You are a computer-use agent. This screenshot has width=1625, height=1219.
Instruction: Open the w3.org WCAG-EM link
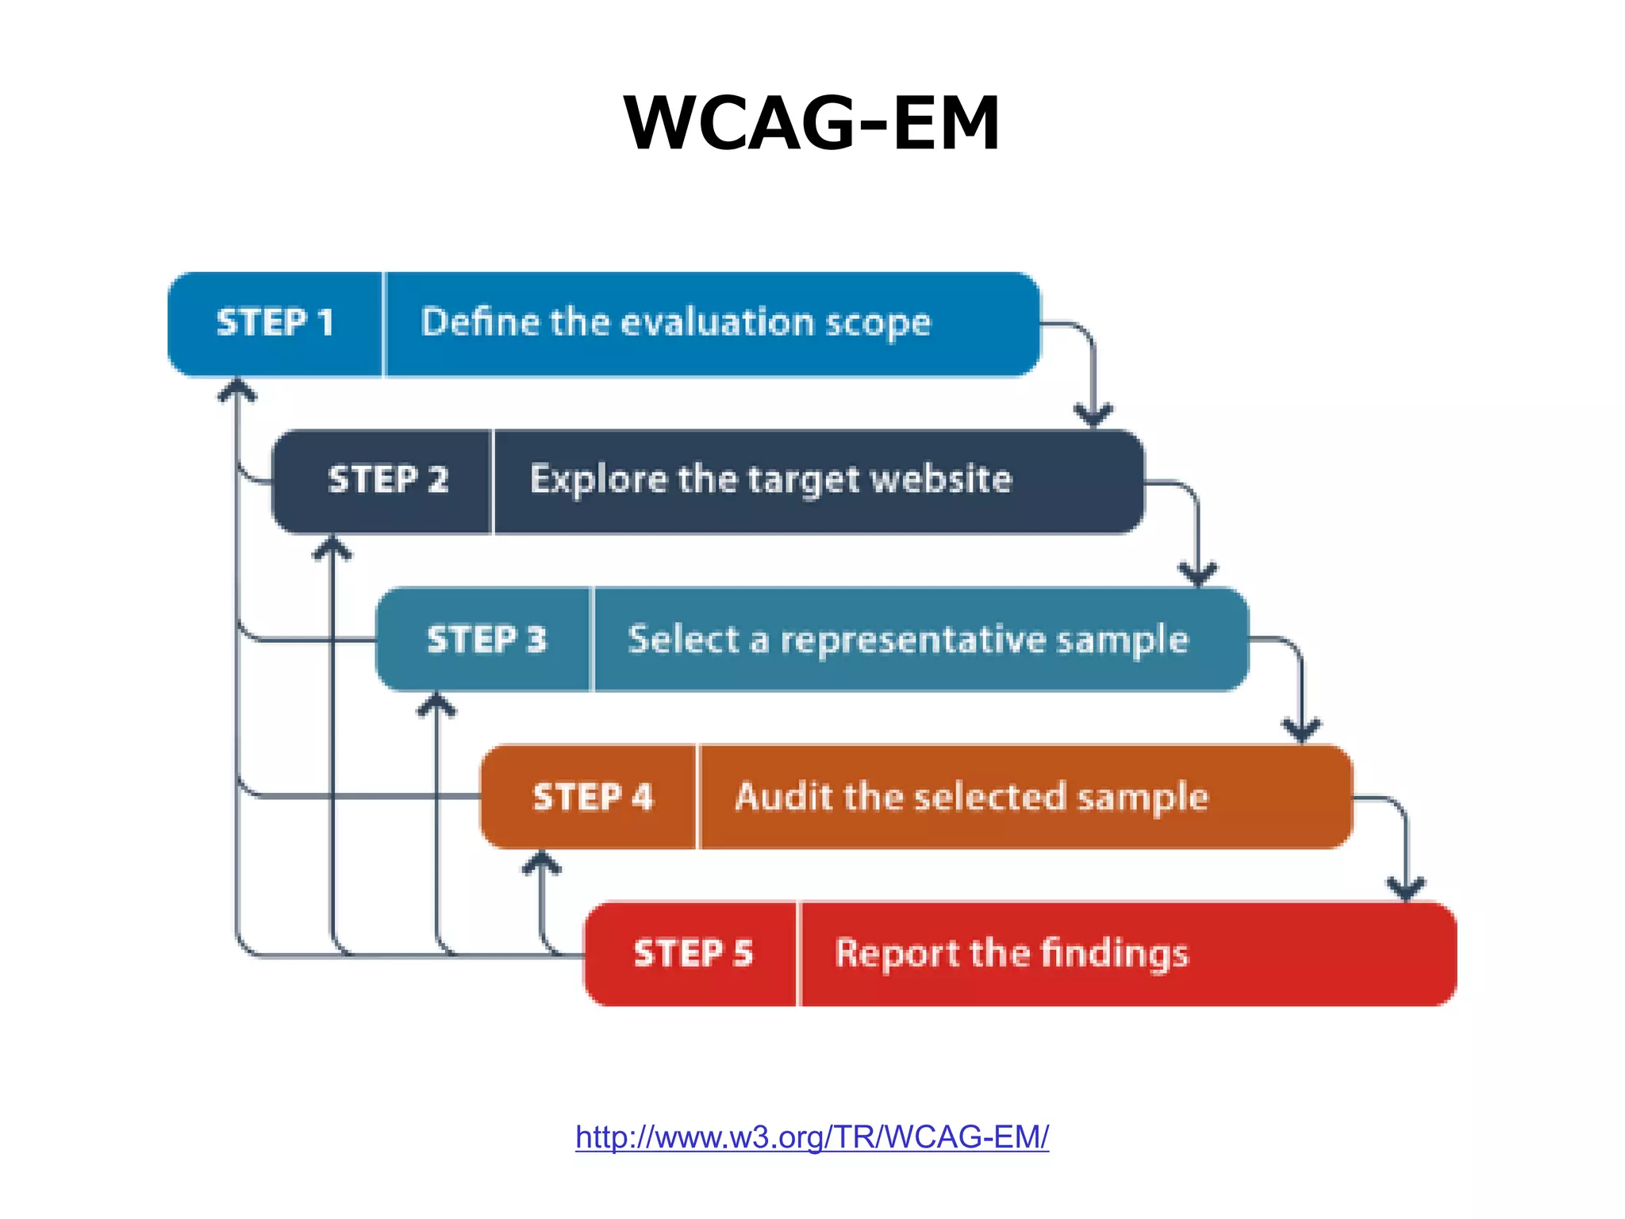[x=812, y=1137]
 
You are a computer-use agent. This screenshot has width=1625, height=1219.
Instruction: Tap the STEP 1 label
[x=275, y=323]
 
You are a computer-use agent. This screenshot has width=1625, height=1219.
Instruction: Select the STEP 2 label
[x=388, y=480]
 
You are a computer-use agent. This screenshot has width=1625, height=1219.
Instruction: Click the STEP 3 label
[x=486, y=640]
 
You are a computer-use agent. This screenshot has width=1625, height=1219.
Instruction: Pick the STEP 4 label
[x=593, y=797]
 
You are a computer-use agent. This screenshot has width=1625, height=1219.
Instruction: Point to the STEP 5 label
[x=693, y=953]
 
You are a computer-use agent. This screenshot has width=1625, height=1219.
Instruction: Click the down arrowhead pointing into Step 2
[x=1093, y=414]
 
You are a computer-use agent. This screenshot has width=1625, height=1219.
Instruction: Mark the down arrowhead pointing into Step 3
[x=1197, y=572]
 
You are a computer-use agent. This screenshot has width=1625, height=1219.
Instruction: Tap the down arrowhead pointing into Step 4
[x=1301, y=729]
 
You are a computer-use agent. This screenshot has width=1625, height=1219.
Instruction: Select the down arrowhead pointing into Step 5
[x=1406, y=887]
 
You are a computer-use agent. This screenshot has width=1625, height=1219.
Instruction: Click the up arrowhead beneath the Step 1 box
[x=237, y=390]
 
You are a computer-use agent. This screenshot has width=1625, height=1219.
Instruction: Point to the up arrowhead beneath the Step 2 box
[x=332, y=548]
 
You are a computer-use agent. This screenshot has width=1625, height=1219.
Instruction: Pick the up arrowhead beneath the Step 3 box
[x=436, y=704]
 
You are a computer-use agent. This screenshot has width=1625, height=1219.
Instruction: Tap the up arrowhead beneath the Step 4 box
[x=541, y=862]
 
